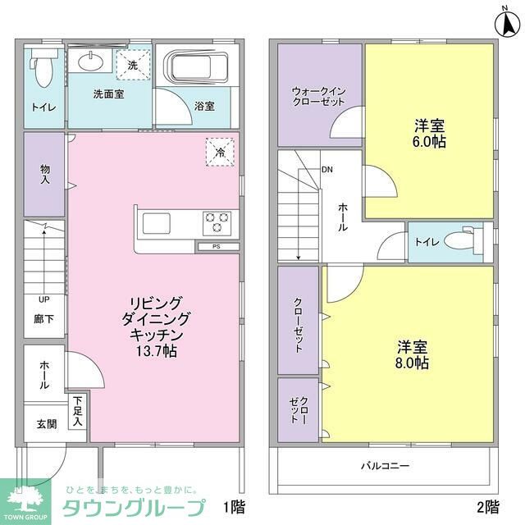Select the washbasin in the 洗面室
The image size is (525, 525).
(92, 60)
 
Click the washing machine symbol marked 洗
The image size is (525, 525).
(133, 63)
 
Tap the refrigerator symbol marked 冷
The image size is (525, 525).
(221, 151)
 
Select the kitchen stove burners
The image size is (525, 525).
(217, 221)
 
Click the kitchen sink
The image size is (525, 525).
(157, 222)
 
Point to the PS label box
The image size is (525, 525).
(217, 246)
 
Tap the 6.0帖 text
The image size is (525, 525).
(429, 141)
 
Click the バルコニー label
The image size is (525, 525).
(385, 466)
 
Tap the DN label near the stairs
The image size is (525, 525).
(326, 170)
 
